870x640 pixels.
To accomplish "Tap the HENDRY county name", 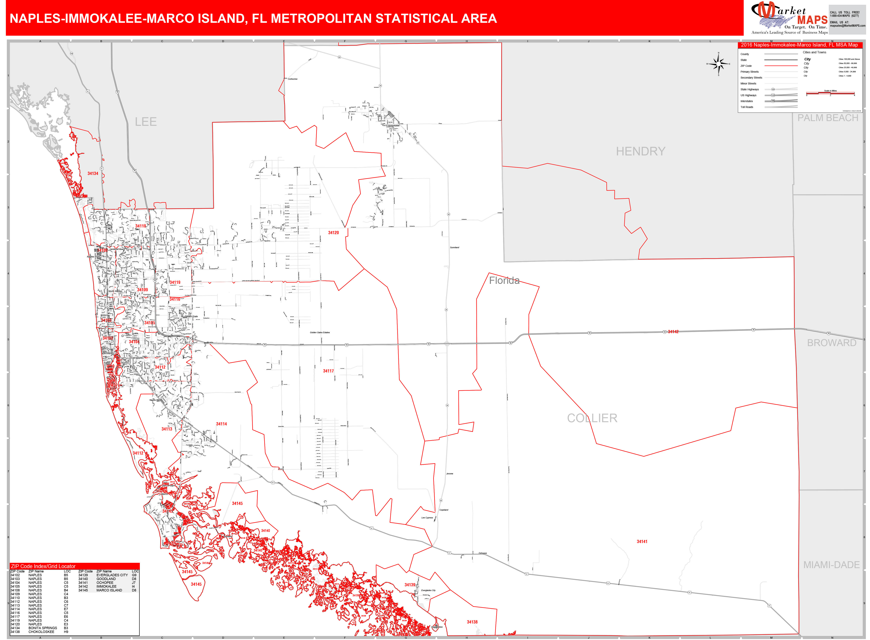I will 640,151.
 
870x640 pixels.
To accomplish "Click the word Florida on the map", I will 504,280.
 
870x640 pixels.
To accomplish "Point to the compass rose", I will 719,64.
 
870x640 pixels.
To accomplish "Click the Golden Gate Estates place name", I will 320,332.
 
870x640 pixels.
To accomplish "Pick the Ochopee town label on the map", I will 482,553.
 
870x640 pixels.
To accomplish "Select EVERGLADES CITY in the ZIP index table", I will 112,575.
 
